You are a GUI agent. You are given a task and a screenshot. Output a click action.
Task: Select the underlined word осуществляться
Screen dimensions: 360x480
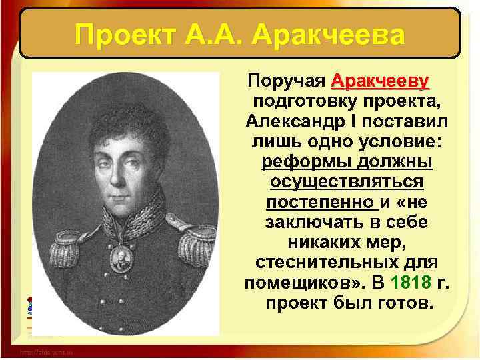(x=346, y=181)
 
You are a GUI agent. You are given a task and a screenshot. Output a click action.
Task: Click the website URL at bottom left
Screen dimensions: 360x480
(x=46, y=351)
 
